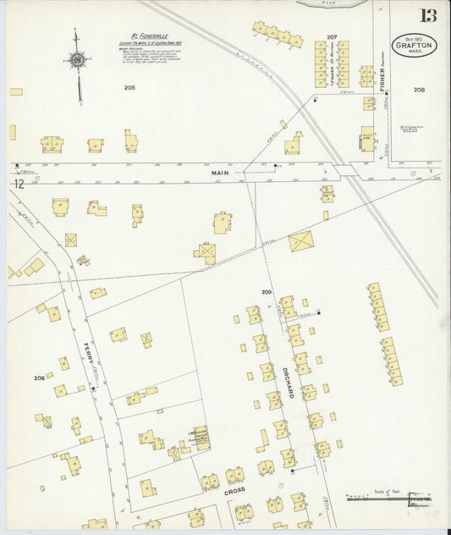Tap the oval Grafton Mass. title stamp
[414, 45]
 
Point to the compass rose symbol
[78, 59]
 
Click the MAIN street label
[220, 173]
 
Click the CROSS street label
[234, 490]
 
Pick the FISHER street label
[382, 80]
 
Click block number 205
[129, 87]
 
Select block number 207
[332, 36]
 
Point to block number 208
[419, 89]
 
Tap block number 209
[266, 292]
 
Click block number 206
[39, 378]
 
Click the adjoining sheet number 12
[18, 183]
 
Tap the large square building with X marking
[300, 242]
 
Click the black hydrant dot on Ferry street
[92, 389]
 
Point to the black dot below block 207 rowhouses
[316, 99]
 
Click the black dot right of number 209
[319, 312]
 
